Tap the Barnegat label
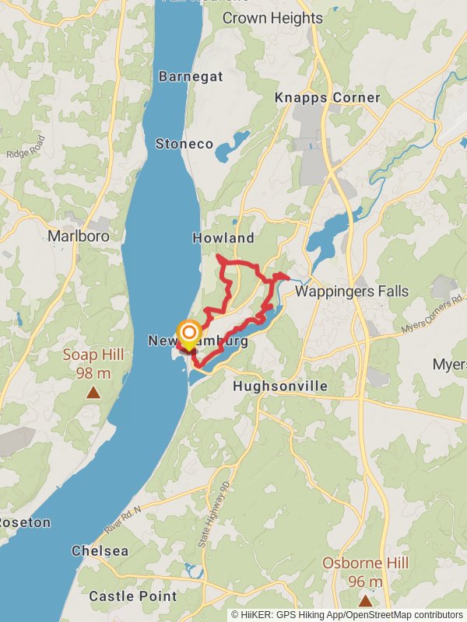[191, 76]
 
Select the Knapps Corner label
[327, 98]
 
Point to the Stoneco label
[184, 144]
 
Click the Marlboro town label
[78, 236]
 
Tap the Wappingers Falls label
[351, 292]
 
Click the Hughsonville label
[280, 386]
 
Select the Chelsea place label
[100, 550]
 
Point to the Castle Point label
[132, 596]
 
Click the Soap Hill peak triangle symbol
[93, 393]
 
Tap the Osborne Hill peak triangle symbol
[365, 600]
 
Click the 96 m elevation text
[365, 582]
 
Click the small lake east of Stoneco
[233, 145]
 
